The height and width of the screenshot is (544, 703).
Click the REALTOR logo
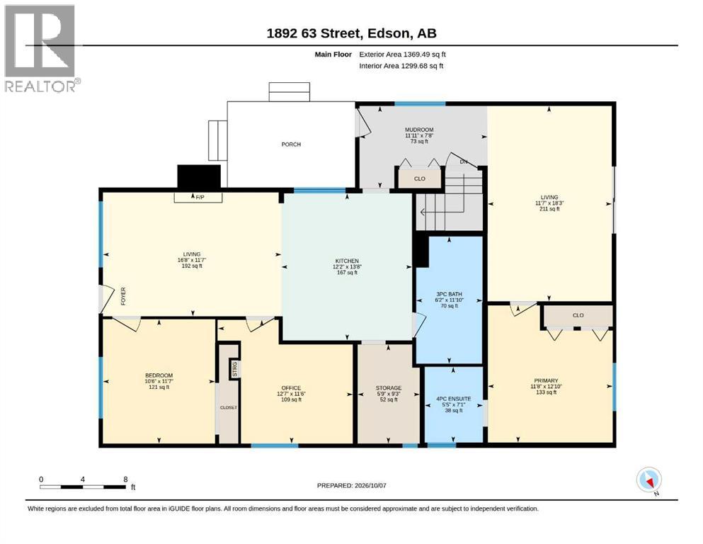42,48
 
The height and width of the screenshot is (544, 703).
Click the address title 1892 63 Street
314,33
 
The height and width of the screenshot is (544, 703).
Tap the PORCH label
291,144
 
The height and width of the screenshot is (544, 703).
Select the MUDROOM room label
419,130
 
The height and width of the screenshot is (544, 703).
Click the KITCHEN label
347,261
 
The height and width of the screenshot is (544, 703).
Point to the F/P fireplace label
200,198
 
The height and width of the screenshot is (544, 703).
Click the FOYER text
123,297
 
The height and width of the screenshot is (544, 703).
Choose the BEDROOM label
159,375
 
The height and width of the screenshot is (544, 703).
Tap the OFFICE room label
291,388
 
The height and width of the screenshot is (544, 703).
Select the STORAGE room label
388,388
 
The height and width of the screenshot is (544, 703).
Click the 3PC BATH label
449,294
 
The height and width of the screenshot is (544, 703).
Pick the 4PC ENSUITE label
453,399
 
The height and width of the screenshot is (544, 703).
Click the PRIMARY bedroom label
546,380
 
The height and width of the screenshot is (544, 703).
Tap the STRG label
234,369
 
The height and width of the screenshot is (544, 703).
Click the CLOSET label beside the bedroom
228,408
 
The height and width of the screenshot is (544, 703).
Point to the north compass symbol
648,480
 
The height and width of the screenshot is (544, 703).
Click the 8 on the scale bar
125,479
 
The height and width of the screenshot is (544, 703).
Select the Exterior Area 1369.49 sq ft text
402,55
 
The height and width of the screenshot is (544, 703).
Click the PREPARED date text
351,485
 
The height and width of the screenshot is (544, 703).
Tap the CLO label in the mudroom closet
420,178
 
